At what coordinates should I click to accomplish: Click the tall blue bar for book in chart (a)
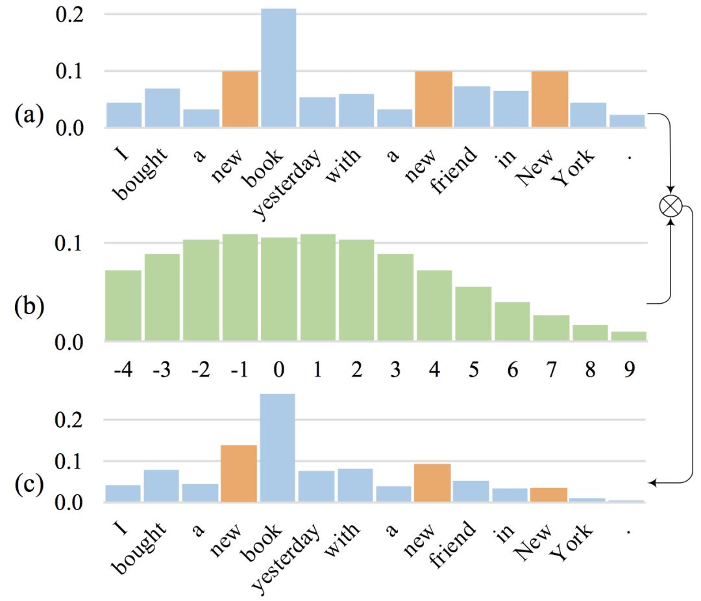(278, 68)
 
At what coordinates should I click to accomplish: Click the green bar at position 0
(278, 289)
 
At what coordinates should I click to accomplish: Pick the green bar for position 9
(628, 336)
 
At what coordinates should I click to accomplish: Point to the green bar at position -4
(123, 305)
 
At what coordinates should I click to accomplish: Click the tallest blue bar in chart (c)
(277, 448)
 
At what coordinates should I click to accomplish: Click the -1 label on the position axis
(240, 371)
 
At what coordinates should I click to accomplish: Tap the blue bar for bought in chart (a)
(162, 108)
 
